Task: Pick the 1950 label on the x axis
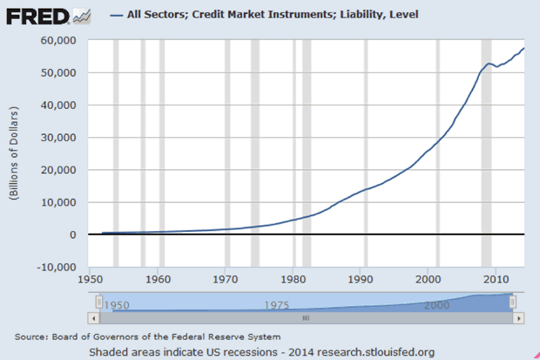90,280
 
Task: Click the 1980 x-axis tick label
293,280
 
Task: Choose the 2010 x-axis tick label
496,280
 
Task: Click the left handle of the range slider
99,302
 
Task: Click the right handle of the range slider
513,302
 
